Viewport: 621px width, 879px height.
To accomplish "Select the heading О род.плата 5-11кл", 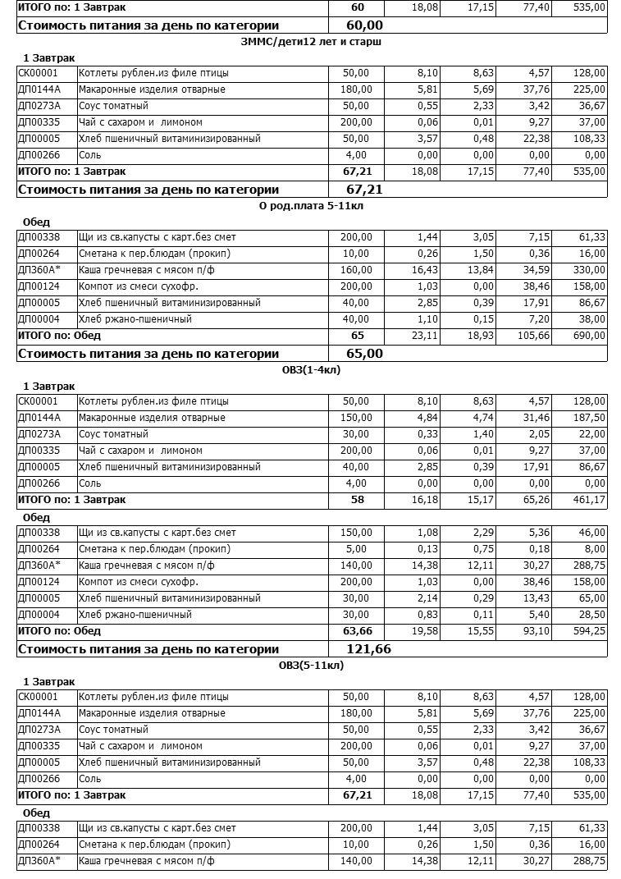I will [x=310, y=206].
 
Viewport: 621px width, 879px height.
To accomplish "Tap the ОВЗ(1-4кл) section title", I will [x=310, y=370].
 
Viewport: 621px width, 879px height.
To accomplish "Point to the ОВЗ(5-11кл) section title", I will [x=310, y=666].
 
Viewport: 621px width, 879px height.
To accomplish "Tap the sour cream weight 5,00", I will [x=359, y=549].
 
